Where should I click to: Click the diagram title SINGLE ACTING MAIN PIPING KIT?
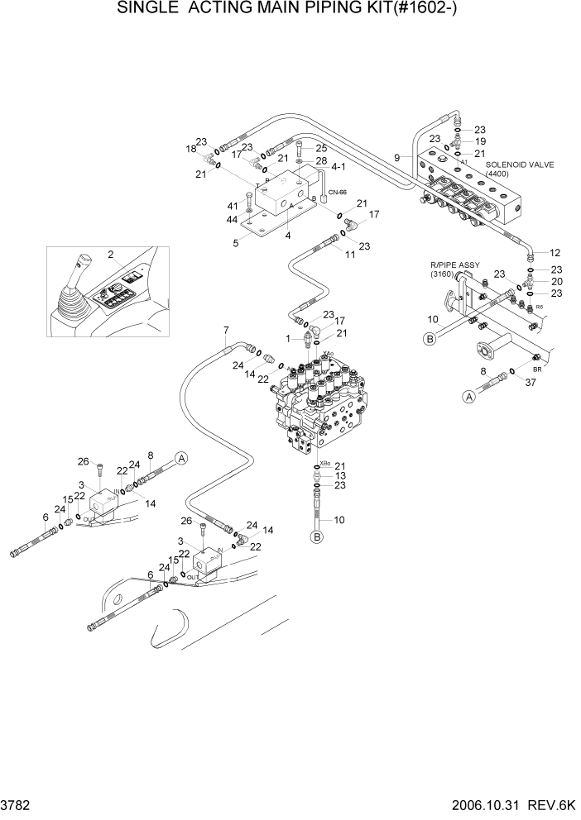click(x=290, y=10)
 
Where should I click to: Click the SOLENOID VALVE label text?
click(x=507, y=164)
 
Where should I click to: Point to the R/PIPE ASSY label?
click(x=454, y=265)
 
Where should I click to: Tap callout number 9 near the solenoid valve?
click(x=397, y=157)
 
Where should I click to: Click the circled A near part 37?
click(x=468, y=398)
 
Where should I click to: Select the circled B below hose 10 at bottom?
click(x=315, y=537)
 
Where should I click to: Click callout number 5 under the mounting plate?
click(x=237, y=242)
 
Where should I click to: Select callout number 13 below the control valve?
click(x=340, y=476)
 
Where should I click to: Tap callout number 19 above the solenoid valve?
click(x=480, y=141)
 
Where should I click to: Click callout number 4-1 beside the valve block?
click(x=338, y=166)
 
